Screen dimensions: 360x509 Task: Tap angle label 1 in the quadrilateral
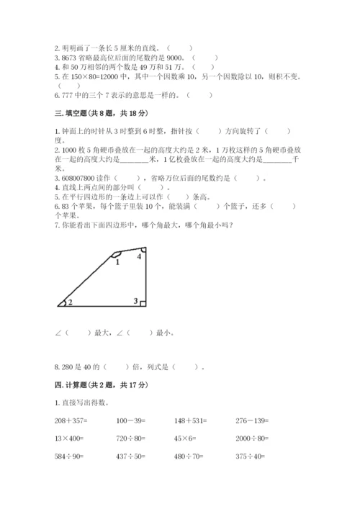116,263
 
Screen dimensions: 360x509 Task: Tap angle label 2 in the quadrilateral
71,302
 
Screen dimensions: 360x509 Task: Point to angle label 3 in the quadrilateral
135,300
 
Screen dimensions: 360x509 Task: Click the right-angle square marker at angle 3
143,303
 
